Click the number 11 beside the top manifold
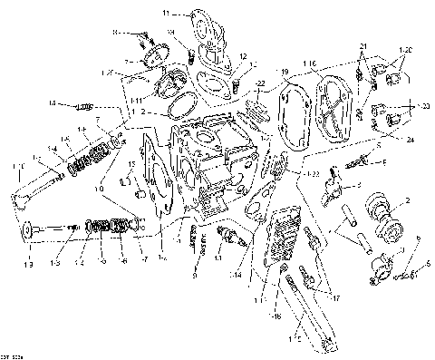tap(166, 14)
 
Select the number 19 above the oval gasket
tap(284, 71)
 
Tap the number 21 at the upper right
tap(362, 46)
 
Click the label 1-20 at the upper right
tap(404, 48)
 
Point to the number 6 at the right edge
tap(418, 238)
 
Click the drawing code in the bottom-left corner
tap(12, 352)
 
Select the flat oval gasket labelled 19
tap(293, 114)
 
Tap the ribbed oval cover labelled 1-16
tap(336, 105)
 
